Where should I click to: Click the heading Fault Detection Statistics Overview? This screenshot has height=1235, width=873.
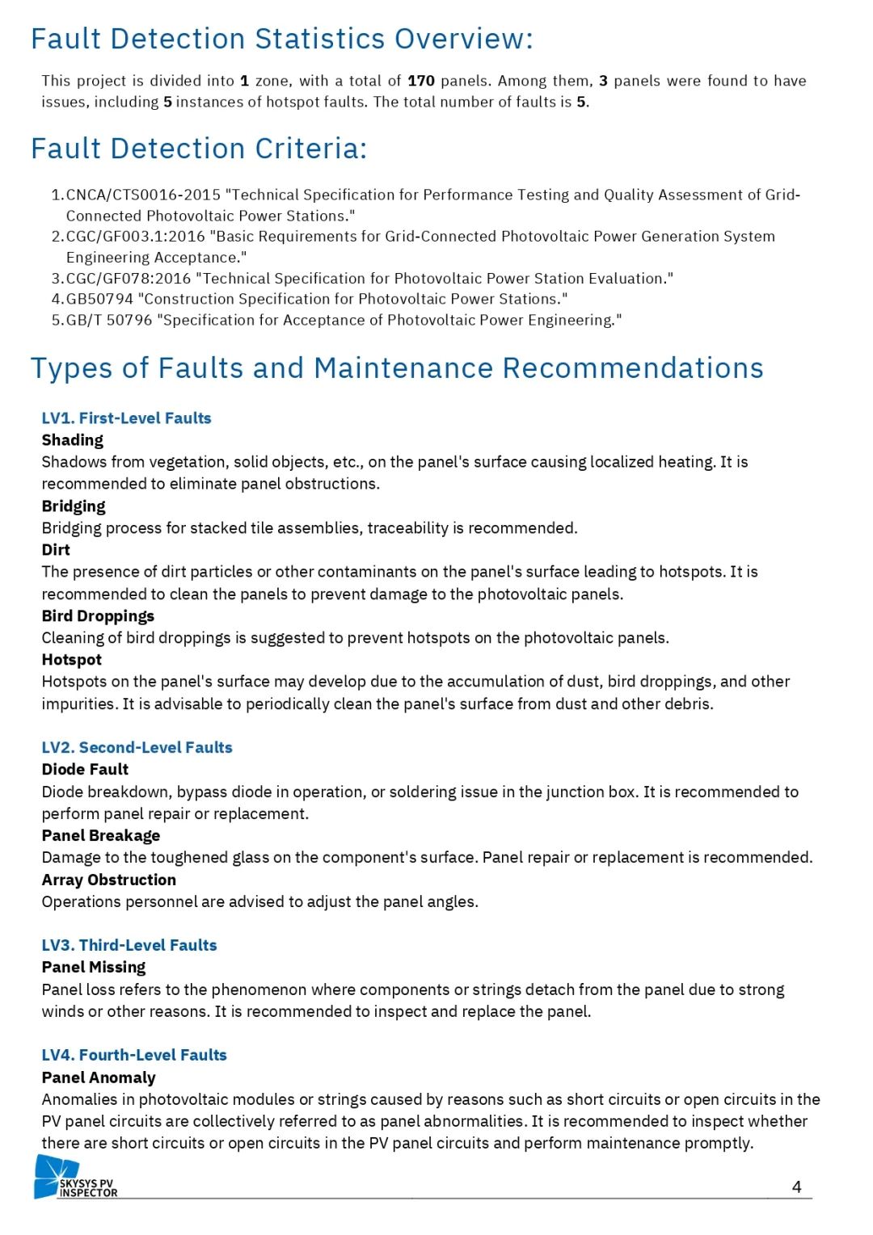(x=281, y=39)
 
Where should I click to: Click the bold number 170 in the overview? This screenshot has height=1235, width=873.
(x=421, y=81)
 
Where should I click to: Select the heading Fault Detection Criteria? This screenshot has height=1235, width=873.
(x=199, y=149)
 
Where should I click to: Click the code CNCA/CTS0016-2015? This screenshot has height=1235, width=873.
(x=143, y=195)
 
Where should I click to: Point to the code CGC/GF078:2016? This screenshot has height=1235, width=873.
(x=129, y=279)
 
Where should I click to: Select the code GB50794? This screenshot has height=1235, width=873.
(x=99, y=299)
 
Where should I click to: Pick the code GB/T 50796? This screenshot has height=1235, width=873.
(x=109, y=320)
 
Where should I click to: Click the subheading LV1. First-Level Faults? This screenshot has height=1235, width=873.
(x=126, y=418)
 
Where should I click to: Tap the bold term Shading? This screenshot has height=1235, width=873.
(x=73, y=440)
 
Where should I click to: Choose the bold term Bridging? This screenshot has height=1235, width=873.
(x=74, y=506)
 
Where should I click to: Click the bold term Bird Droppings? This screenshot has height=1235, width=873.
(x=98, y=616)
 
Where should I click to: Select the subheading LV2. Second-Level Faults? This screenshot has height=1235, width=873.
(x=137, y=748)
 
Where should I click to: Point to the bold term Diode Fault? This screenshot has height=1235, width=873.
(x=85, y=770)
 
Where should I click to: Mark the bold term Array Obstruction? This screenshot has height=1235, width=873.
(x=108, y=880)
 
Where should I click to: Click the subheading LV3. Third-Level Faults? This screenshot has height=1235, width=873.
(x=129, y=946)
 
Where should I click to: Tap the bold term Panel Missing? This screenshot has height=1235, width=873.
(x=94, y=968)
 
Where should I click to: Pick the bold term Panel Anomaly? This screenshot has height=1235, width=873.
(x=99, y=1078)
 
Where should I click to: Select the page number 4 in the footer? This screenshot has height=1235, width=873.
(x=796, y=1187)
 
